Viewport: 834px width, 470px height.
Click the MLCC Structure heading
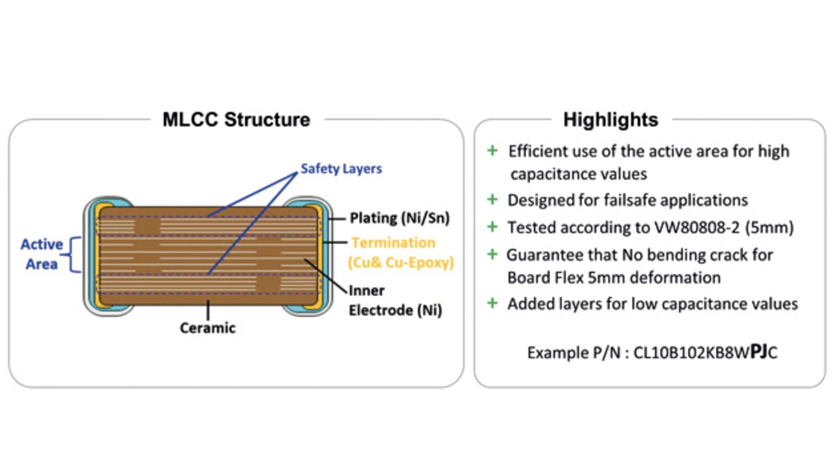(x=236, y=120)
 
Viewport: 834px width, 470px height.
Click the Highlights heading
(x=611, y=120)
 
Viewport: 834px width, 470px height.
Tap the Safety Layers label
(x=341, y=169)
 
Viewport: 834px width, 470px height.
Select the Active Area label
(x=42, y=254)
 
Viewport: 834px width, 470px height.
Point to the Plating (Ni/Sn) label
(x=399, y=218)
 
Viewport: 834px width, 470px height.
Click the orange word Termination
(x=393, y=242)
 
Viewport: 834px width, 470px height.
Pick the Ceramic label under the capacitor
(x=207, y=328)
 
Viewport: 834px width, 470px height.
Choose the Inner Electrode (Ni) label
(x=395, y=301)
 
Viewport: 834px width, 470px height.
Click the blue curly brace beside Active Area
(x=75, y=254)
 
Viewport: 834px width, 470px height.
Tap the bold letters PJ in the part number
(x=758, y=352)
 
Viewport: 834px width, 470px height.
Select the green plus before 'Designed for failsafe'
(x=493, y=199)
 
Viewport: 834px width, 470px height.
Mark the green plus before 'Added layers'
(x=493, y=303)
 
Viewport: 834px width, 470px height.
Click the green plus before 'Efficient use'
(x=493, y=151)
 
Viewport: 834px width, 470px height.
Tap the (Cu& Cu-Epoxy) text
(x=401, y=263)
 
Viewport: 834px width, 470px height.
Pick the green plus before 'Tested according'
(x=493, y=228)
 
